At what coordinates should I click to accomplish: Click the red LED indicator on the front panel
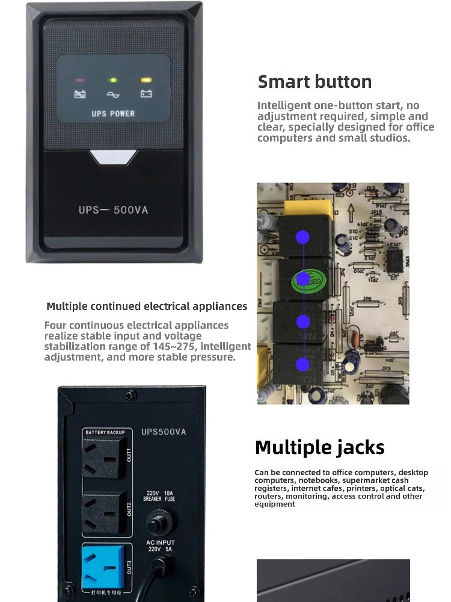coord(79,79)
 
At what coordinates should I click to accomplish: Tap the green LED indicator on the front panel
coord(112,79)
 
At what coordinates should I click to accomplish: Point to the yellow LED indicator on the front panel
coord(145,79)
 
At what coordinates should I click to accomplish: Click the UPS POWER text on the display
coord(113,113)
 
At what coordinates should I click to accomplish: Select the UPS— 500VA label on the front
coord(113,210)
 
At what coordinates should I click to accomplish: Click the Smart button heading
coord(314,82)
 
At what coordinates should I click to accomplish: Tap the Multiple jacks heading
coord(319,447)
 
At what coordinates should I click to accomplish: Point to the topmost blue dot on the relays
coord(304,237)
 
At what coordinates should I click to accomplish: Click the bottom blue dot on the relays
coord(304,364)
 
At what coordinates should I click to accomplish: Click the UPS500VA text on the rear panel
coord(164,431)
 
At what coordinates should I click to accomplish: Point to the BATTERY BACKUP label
coord(105,432)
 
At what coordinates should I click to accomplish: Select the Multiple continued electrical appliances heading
coord(147,306)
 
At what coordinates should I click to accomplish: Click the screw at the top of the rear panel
coord(130,395)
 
